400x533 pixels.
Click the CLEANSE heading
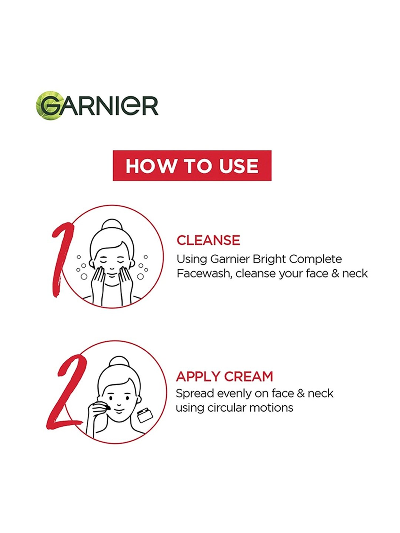pos(208,240)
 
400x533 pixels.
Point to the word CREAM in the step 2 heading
pos(249,376)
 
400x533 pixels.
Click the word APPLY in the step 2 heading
pos(198,376)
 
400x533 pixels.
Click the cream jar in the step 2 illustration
pos(145,415)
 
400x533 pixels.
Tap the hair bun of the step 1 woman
pos(112,226)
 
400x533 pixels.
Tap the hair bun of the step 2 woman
pos(119,363)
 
